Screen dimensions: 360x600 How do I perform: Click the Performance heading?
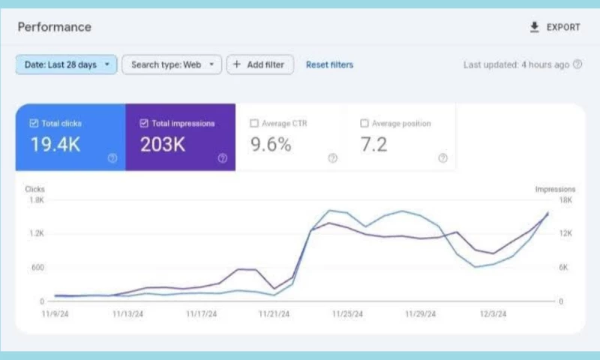[54, 27]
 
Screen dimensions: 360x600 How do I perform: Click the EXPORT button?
[554, 27]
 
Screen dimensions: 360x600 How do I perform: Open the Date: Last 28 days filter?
[66, 64]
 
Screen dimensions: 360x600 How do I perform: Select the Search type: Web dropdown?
[172, 64]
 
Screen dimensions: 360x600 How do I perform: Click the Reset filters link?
[329, 64]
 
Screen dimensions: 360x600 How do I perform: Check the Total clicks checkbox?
[33, 123]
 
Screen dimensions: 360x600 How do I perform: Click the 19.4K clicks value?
[55, 145]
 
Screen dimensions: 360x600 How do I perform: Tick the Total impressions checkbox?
[143, 123]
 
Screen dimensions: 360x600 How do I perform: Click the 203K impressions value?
[163, 145]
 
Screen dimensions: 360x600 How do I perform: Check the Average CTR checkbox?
[253, 123]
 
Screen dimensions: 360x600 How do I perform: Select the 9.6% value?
[270, 145]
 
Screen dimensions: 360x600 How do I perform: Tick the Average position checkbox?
[364, 123]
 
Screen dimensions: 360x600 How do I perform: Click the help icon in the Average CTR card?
[332, 158]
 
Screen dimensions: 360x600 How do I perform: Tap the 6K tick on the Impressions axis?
[565, 268]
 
